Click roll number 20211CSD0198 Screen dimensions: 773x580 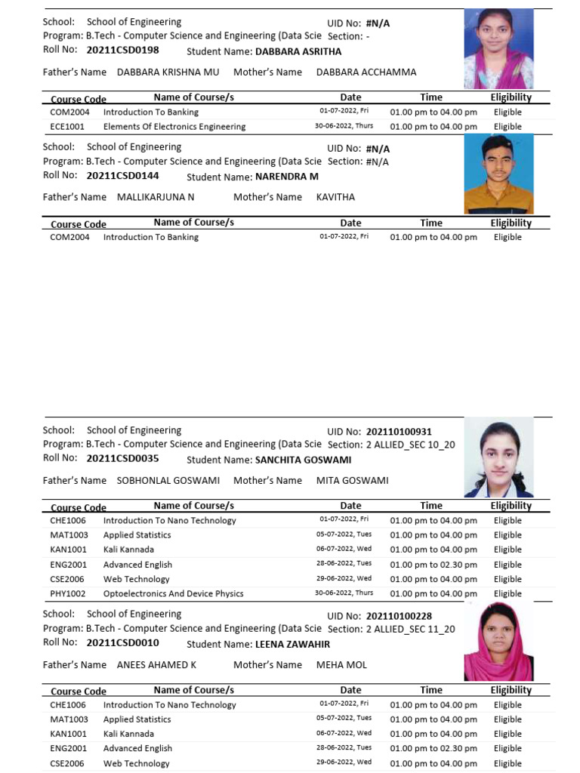tap(122, 51)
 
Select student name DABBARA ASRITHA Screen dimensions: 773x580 tap(298, 52)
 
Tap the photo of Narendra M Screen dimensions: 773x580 tap(498, 174)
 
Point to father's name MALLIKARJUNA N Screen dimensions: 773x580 tap(156, 197)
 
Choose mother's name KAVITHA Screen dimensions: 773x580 tap(335, 197)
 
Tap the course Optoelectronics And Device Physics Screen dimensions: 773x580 tap(173, 593)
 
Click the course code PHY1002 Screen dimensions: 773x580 tap(67, 593)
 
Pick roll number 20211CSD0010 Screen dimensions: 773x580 tap(122, 643)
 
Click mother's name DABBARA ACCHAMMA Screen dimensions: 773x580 tap(366, 72)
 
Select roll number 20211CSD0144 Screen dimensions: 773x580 tap(122, 176)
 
